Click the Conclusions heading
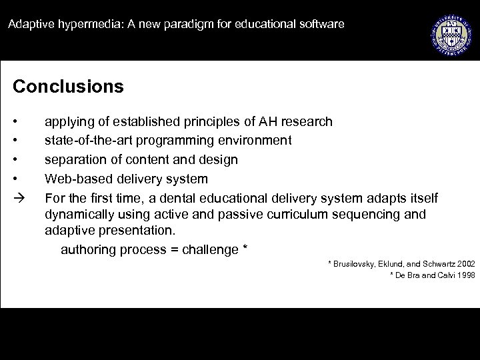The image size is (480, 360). [x=68, y=87]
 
